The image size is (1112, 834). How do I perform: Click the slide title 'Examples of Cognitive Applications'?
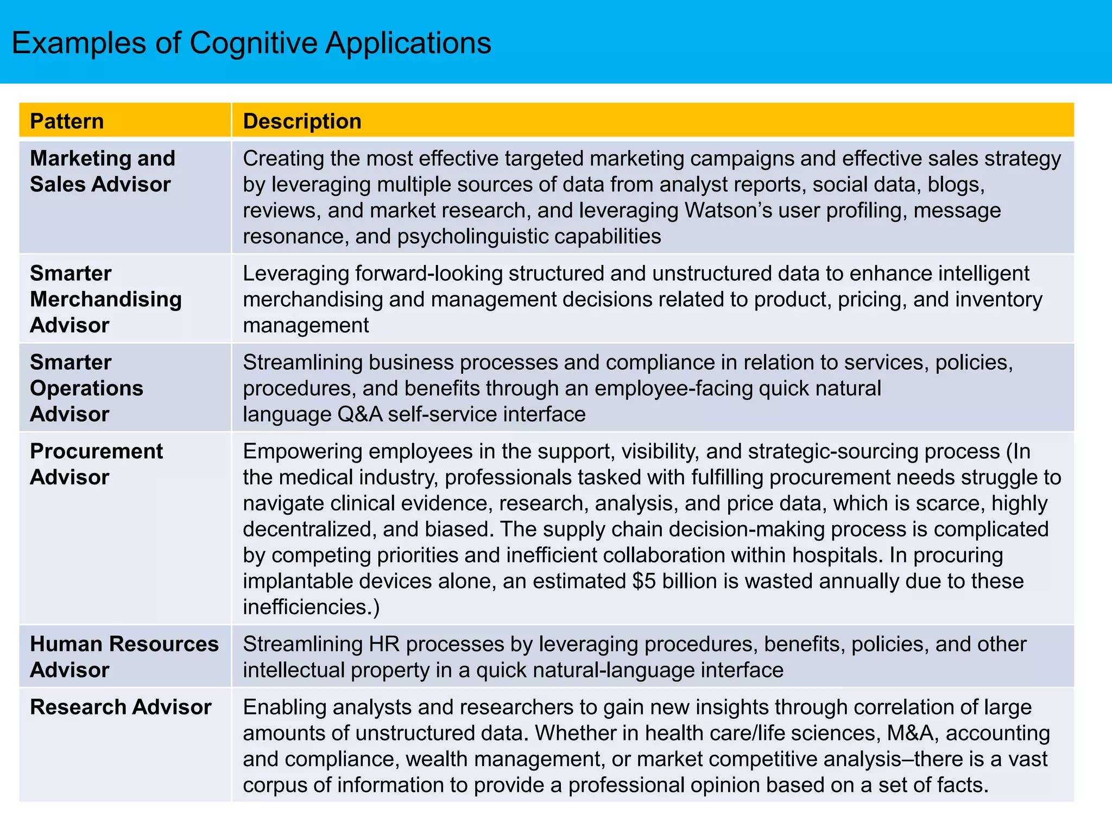click(x=251, y=43)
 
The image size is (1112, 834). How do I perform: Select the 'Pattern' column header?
click(x=67, y=121)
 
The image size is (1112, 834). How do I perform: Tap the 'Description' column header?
click(x=302, y=121)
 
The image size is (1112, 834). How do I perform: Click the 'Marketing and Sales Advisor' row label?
click(x=103, y=171)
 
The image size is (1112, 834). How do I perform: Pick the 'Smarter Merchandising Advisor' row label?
click(x=106, y=299)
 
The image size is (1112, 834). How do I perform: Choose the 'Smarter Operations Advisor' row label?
click(x=87, y=388)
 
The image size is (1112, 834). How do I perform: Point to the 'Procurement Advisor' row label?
click(x=96, y=464)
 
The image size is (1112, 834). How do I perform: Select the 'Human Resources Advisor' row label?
click(x=124, y=656)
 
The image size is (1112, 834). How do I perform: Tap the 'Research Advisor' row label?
click(x=121, y=707)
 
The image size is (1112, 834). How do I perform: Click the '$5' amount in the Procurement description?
click(x=644, y=581)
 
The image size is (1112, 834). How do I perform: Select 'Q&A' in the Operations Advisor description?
click(x=359, y=414)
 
